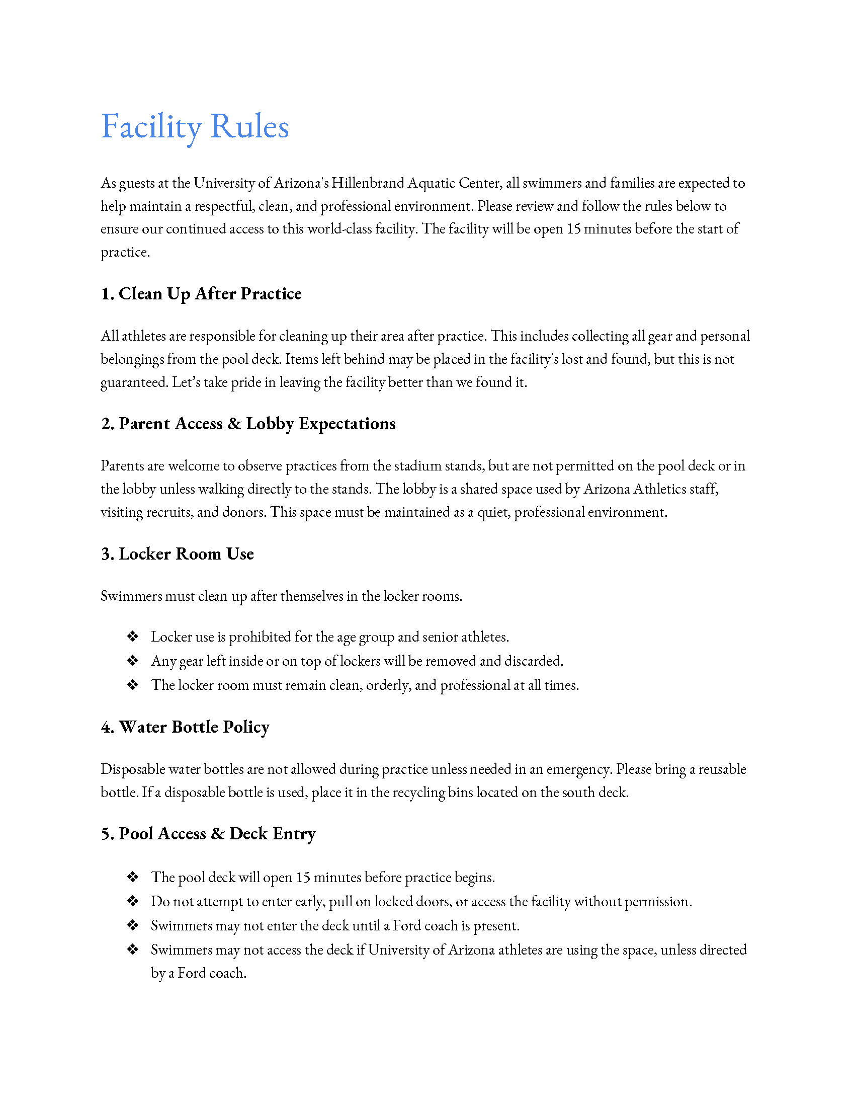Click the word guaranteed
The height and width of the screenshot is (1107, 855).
click(134, 383)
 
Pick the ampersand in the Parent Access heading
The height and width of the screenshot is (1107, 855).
click(234, 424)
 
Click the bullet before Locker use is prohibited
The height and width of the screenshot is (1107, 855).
click(133, 636)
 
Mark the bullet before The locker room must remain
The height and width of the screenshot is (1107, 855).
click(133, 685)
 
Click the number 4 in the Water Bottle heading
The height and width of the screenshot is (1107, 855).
click(106, 728)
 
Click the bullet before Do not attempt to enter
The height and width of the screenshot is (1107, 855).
click(133, 901)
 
